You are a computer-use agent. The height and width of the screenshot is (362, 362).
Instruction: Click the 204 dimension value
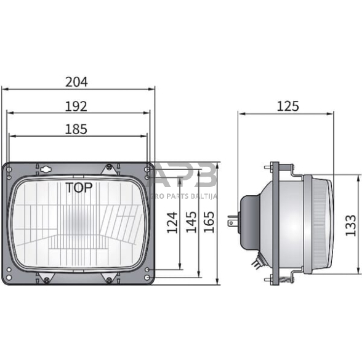(77, 81)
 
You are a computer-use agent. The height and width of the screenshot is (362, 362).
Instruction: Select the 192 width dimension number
(76, 107)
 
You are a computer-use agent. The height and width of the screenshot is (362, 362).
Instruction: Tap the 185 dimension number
(76, 129)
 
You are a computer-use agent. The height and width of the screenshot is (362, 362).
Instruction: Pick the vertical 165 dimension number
(209, 223)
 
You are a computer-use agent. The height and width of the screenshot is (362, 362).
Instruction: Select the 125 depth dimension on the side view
(288, 107)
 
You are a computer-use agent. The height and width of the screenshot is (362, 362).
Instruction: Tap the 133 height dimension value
(350, 226)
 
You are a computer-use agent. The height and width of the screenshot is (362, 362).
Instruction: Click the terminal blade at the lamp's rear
(231, 220)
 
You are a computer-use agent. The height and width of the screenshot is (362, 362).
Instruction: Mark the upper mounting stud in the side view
(270, 167)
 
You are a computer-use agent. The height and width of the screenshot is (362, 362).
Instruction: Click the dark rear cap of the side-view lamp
(248, 219)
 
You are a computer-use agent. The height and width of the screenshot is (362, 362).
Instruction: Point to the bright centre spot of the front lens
(77, 219)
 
